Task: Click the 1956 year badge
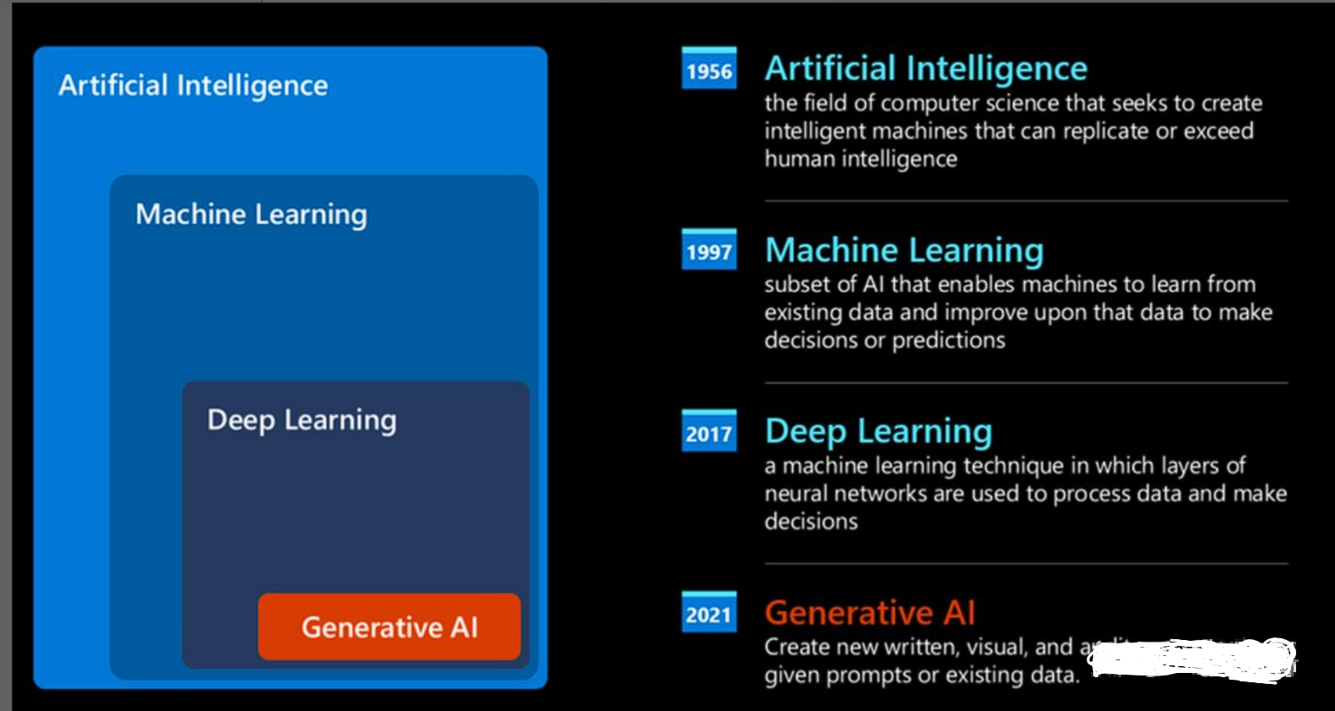click(x=709, y=70)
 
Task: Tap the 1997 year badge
click(x=709, y=251)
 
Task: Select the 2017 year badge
click(x=709, y=433)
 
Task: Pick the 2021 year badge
click(x=709, y=614)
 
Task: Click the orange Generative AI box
click(x=389, y=626)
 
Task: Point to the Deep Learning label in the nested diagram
click(x=302, y=420)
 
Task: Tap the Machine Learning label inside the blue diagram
click(x=251, y=215)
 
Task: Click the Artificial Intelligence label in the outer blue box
click(x=193, y=85)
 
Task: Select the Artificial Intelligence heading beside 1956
click(x=926, y=68)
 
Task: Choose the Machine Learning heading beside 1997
click(x=904, y=250)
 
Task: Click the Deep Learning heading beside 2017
click(x=878, y=431)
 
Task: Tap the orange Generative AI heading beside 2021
click(x=870, y=612)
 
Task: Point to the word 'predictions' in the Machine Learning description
click(x=949, y=340)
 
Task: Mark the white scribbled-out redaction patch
click(x=1192, y=658)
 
